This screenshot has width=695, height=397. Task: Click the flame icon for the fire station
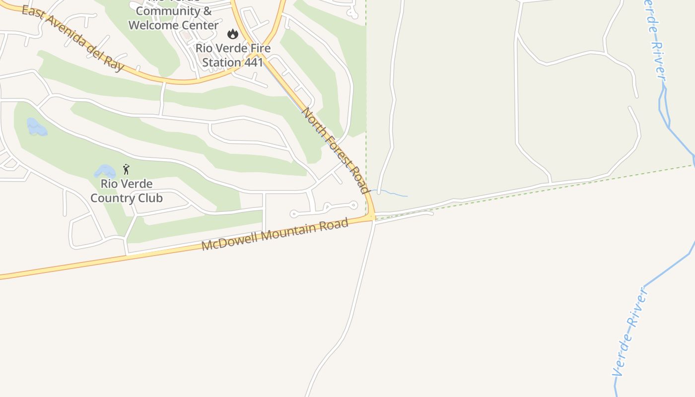coord(232,34)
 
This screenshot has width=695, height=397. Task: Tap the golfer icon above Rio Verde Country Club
coord(126,169)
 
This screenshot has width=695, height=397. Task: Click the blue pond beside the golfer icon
coord(105,172)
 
